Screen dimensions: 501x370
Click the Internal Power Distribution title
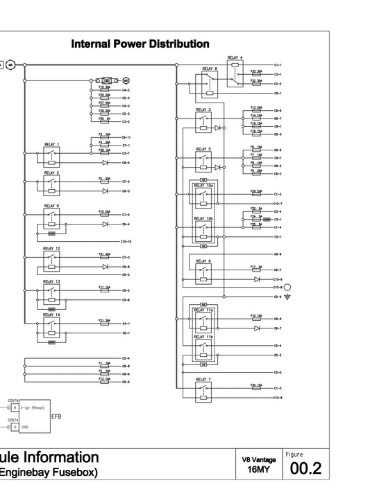point(141,44)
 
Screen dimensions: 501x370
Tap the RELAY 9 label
point(52,206)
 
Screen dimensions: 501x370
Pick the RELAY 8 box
point(210,82)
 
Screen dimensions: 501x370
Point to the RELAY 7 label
point(203,380)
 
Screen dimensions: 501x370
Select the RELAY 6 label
point(203,261)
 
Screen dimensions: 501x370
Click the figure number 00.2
point(305,469)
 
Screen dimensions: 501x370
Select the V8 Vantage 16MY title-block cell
point(259,464)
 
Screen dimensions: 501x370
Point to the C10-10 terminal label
point(126,241)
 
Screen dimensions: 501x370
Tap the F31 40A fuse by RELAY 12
point(105,256)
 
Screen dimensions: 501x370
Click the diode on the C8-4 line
point(105,162)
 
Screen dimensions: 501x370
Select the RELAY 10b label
point(203,218)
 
